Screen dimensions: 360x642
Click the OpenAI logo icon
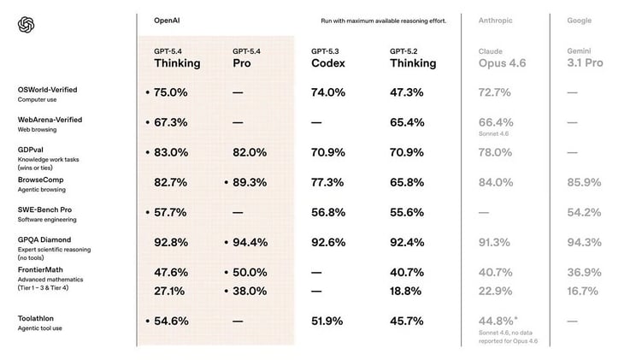click(26, 25)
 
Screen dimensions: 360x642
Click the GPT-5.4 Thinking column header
click(177, 57)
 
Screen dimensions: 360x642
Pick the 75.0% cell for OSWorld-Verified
click(171, 91)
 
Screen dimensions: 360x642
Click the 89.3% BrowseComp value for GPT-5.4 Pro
click(250, 182)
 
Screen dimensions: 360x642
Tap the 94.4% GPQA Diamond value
click(250, 243)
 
